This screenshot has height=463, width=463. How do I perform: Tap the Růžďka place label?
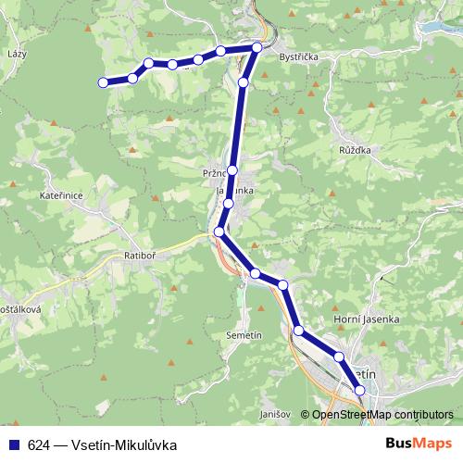click(x=357, y=148)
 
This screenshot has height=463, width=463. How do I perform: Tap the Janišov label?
click(x=276, y=413)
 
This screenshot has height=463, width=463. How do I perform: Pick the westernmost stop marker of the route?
click(x=103, y=83)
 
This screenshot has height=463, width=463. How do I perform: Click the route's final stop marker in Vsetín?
click(x=360, y=391)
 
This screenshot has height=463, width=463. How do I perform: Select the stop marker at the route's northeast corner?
click(x=257, y=46)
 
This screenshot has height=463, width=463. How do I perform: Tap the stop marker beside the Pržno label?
click(x=232, y=170)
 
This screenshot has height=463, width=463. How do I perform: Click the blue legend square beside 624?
click(x=15, y=444)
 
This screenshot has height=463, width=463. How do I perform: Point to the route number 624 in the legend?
click(x=39, y=444)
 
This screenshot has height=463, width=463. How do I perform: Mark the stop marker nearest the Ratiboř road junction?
click(x=219, y=231)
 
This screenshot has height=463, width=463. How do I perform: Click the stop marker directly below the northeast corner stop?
click(x=244, y=82)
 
